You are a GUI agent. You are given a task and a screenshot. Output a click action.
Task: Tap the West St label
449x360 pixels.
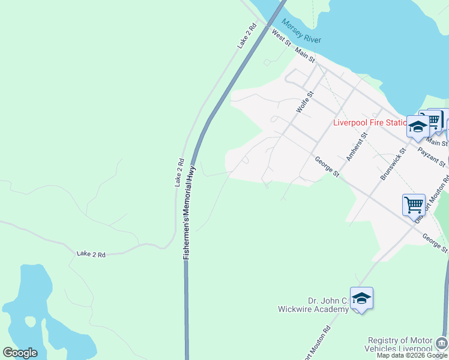(x=281, y=39)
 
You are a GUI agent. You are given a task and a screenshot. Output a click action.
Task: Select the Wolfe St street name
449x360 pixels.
(x=305, y=102)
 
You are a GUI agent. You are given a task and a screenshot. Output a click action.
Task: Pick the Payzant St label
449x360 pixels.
(x=432, y=158)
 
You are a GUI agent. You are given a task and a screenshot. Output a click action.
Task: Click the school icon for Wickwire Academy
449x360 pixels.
(x=362, y=298)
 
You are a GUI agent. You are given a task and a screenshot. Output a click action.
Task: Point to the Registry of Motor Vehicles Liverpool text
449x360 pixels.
(x=400, y=344)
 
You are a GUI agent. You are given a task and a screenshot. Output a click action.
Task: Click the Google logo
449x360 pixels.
(x=20, y=353)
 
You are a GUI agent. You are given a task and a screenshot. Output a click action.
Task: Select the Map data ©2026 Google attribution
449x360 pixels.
(x=412, y=355)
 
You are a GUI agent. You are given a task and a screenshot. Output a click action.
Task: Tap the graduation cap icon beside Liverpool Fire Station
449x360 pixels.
(x=418, y=127)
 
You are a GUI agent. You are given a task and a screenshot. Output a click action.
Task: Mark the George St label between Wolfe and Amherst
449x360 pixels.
(x=328, y=166)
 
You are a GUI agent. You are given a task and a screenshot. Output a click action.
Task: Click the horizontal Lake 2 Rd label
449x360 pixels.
(x=91, y=254)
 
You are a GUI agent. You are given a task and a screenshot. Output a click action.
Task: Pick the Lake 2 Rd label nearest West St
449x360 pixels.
(x=247, y=36)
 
